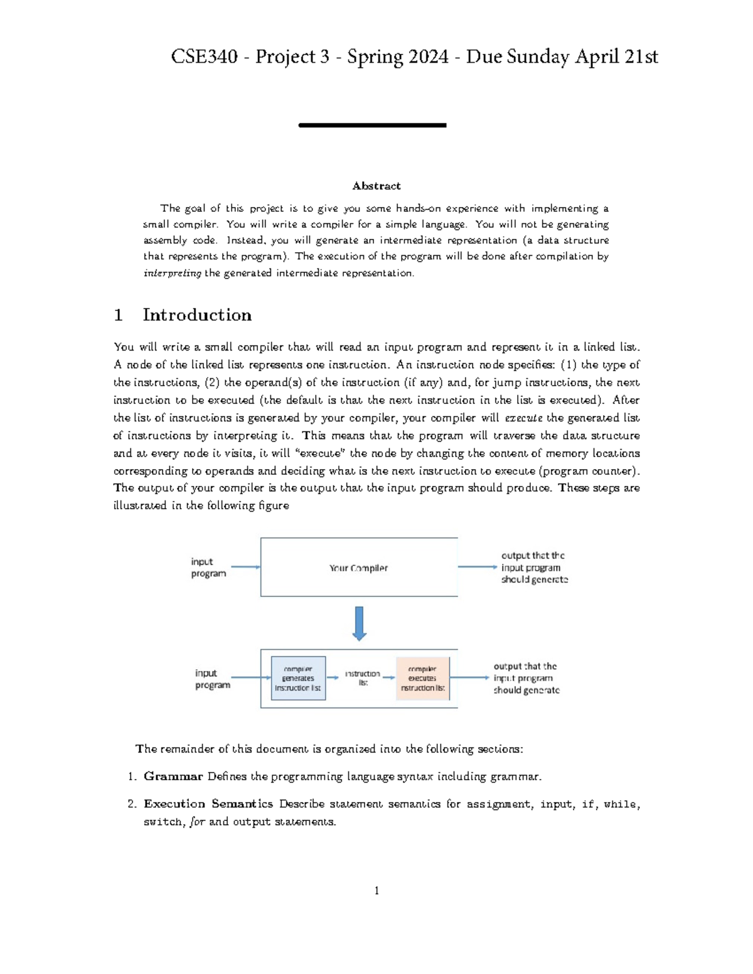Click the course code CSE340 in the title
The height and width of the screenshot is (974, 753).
[x=204, y=57]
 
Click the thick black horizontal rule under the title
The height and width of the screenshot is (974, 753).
[x=372, y=125]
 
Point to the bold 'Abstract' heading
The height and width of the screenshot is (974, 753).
[x=376, y=186]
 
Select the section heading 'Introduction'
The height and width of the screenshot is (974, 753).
[x=197, y=315]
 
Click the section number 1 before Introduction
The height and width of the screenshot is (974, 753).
[x=118, y=315]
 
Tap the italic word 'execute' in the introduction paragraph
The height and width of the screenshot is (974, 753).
[x=523, y=418]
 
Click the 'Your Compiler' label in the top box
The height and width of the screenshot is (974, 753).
[x=358, y=568]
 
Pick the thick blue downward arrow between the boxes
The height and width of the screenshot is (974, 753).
[x=359, y=623]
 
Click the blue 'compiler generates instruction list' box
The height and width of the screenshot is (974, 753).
[x=298, y=678]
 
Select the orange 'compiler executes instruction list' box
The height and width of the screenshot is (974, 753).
[x=422, y=678]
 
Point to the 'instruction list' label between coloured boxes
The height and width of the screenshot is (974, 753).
[x=363, y=677]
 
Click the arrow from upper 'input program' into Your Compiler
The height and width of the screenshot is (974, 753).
[x=245, y=567]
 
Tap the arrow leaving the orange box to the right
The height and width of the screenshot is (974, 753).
[x=469, y=677]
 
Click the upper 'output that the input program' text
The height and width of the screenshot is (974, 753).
[x=533, y=561]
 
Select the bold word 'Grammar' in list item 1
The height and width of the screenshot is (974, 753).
[x=173, y=776]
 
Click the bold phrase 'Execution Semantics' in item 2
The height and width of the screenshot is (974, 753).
[x=208, y=803]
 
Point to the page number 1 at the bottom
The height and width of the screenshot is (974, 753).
[x=376, y=891]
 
